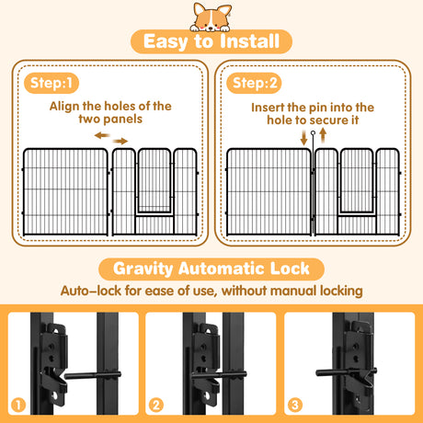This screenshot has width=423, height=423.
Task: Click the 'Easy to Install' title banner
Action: (211, 42)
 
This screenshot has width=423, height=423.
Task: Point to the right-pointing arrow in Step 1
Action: (122, 140)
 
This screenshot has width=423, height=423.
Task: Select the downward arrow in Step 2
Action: (304, 138)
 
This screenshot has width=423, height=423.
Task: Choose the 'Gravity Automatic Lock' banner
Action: (211, 269)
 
